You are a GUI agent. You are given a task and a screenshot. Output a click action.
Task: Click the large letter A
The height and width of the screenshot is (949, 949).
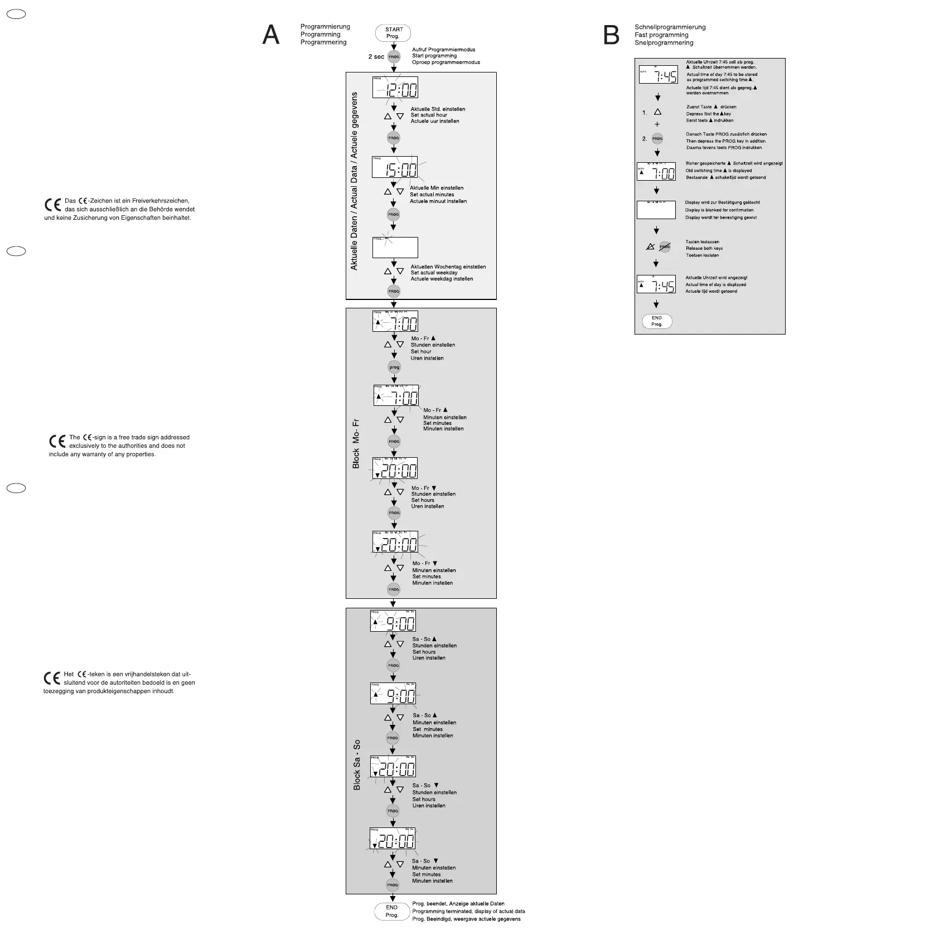[x=271, y=35]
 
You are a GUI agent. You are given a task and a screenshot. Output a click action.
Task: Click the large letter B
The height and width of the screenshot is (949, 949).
[x=611, y=36]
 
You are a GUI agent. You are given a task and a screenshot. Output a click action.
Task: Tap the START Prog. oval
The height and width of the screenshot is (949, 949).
[x=393, y=33]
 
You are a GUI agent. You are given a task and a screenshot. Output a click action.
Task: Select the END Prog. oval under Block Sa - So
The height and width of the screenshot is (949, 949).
[x=392, y=911]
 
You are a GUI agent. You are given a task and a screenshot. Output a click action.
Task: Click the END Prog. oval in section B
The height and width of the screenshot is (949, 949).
[x=657, y=321]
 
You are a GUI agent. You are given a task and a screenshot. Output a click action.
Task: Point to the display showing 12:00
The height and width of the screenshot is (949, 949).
[x=395, y=87]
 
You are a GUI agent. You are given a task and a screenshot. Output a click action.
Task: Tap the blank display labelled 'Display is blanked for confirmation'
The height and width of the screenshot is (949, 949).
[x=656, y=210]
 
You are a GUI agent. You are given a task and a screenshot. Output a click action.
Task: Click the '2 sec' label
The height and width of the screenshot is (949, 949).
[x=376, y=57]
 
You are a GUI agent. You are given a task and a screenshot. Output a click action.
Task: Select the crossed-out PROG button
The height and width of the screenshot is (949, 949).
[x=665, y=246]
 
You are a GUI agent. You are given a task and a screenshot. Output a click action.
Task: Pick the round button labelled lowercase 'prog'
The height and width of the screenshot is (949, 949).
[x=394, y=367]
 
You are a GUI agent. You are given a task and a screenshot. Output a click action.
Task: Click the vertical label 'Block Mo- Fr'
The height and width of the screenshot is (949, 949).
[x=356, y=444]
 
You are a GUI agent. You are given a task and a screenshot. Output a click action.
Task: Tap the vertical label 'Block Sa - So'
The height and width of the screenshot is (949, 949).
[x=357, y=764]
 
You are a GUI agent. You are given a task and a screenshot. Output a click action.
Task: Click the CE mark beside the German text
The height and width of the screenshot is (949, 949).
[x=52, y=205]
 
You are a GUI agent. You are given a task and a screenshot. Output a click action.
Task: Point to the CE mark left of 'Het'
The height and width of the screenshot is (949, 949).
[x=52, y=678]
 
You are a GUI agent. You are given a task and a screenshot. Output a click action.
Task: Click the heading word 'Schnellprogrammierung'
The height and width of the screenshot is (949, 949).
[x=670, y=27]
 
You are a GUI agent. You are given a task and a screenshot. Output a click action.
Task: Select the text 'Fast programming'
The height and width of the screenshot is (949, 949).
[x=661, y=35]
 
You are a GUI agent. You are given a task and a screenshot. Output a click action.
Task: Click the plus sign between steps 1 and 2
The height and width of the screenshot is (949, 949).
[x=657, y=124]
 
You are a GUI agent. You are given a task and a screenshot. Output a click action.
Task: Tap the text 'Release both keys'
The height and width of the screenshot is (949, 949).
[x=704, y=249]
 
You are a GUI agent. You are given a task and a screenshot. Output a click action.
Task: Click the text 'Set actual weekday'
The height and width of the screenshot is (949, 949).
[x=434, y=273]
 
